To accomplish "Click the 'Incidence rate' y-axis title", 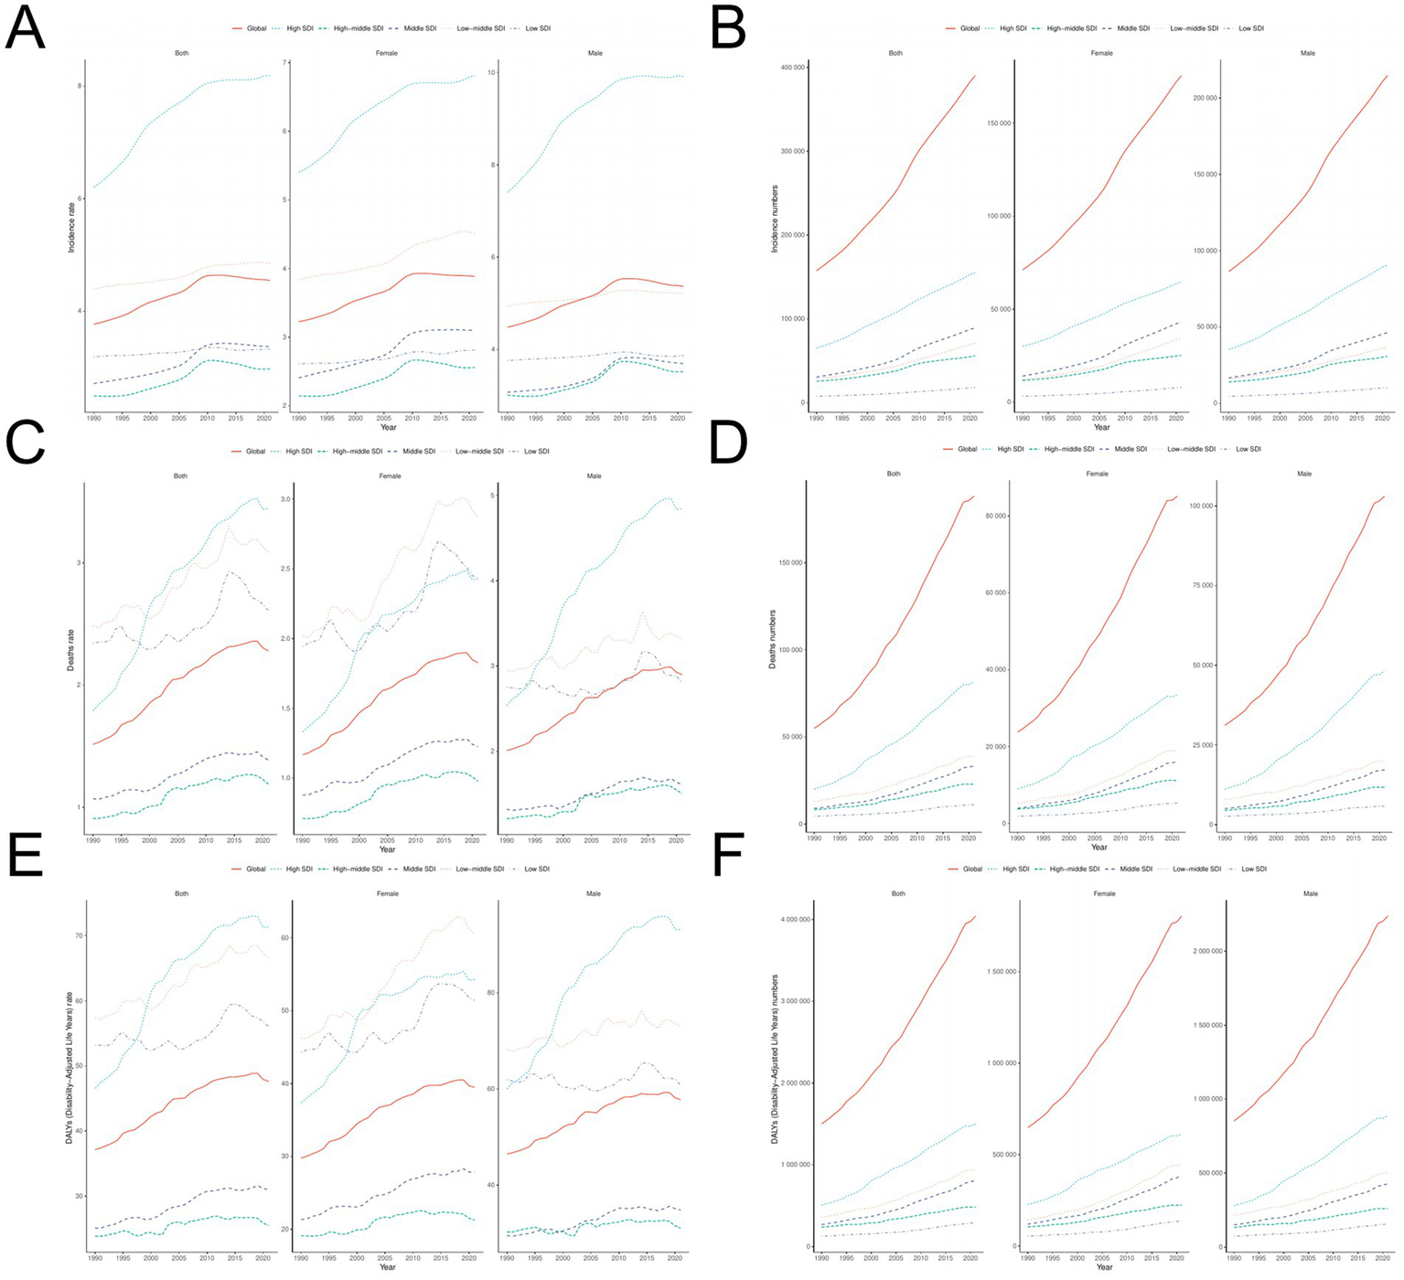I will pyautogui.click(x=70, y=227).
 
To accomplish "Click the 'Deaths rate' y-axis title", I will pyautogui.click(x=70, y=650).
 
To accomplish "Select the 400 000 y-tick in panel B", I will pyautogui.click(x=790, y=68).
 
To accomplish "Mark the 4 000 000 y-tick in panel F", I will pyautogui.click(x=795, y=919).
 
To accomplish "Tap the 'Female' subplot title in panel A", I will pyautogui.click(x=387, y=53).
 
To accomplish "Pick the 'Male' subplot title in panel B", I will pyautogui.click(x=1308, y=53).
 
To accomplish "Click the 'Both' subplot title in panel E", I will pyautogui.click(x=182, y=893).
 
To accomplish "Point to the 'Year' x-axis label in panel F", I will pyautogui.click(x=1104, y=1266).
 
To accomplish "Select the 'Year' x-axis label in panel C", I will pyautogui.click(x=388, y=849).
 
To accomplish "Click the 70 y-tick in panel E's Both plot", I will pyautogui.click(x=79, y=935).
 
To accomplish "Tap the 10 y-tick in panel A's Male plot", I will pyautogui.click(x=492, y=72).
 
